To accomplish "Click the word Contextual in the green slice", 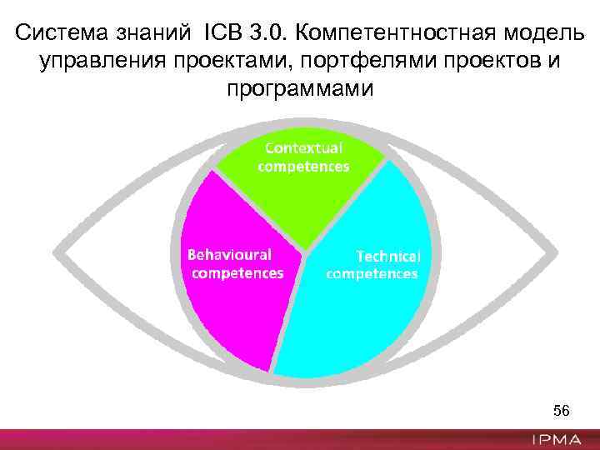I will click(x=303, y=147).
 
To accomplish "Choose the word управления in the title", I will click(x=95, y=62).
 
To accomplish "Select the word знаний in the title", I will click(x=150, y=34).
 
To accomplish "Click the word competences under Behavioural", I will click(x=237, y=272).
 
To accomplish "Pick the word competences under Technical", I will click(x=372, y=273).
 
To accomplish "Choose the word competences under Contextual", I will click(x=303, y=166).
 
